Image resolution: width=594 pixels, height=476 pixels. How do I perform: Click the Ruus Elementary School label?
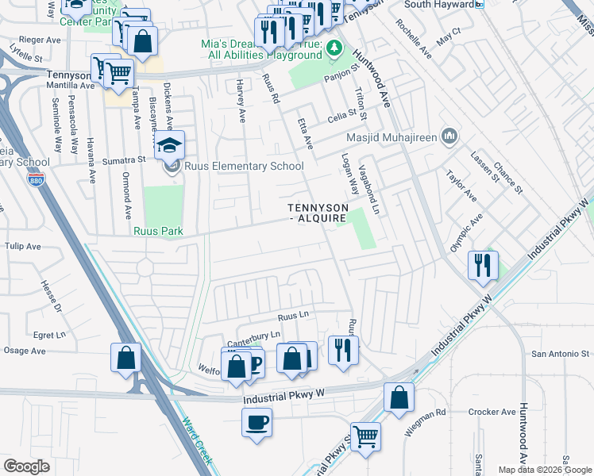[x=244, y=167]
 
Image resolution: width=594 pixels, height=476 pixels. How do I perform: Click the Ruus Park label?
[x=158, y=232]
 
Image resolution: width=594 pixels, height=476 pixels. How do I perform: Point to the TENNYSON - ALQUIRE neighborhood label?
[x=317, y=212]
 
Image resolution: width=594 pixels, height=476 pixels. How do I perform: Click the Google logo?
[x=26, y=466]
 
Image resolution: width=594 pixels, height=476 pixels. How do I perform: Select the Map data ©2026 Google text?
[x=545, y=470]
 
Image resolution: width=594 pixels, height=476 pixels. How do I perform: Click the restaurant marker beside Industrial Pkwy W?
[x=483, y=265]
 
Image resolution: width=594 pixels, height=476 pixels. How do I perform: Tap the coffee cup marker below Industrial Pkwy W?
[x=256, y=421]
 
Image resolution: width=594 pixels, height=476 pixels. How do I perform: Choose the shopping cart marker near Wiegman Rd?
[x=364, y=436]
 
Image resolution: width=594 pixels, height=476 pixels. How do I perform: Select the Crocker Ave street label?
[x=492, y=413]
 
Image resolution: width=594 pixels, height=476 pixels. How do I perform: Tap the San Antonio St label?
[x=561, y=354]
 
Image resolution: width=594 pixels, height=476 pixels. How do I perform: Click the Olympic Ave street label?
[x=466, y=232]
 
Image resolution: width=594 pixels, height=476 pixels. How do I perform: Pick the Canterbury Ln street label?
[x=255, y=336]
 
